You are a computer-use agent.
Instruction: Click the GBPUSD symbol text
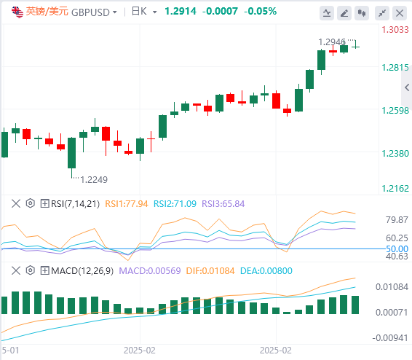click(x=90, y=12)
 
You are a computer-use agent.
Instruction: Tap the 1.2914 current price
click(x=181, y=12)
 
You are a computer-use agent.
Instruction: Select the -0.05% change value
click(x=261, y=12)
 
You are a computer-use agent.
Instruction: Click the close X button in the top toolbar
click(x=400, y=13)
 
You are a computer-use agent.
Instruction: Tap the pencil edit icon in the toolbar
click(x=344, y=13)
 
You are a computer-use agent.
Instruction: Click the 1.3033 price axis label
click(x=395, y=29)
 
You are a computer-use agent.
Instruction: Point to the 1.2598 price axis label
click(x=395, y=111)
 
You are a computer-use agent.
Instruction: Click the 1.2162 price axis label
click(x=395, y=189)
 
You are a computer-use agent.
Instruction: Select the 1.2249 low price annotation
click(x=94, y=180)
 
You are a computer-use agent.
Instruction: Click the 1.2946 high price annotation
click(x=332, y=42)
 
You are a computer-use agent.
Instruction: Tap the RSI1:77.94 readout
click(x=127, y=204)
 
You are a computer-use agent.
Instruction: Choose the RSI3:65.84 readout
click(x=223, y=204)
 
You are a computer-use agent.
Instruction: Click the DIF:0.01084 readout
click(x=210, y=271)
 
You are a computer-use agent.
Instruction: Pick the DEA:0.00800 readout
click(x=266, y=271)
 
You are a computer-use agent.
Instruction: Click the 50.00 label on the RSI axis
click(x=397, y=249)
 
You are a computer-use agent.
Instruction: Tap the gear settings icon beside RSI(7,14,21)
click(x=31, y=203)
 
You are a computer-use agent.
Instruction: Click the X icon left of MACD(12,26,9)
click(x=16, y=270)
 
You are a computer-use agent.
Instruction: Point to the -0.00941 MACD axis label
click(x=390, y=338)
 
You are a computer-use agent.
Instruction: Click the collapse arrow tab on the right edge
click(x=407, y=87)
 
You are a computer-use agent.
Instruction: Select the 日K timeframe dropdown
click(x=144, y=12)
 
